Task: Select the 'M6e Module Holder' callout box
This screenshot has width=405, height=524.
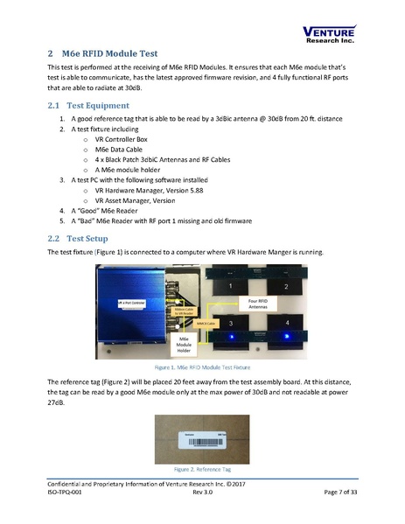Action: point(185,344)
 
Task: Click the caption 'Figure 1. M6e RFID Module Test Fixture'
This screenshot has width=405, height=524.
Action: point(202,368)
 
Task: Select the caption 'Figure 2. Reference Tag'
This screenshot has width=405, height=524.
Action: point(202,468)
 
